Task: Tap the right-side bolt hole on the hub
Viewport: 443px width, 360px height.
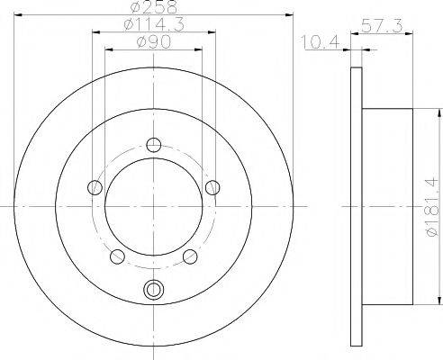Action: [213, 187]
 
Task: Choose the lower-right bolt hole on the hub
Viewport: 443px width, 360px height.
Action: [191, 257]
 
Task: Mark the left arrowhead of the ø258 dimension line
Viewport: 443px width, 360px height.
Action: [20, 15]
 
